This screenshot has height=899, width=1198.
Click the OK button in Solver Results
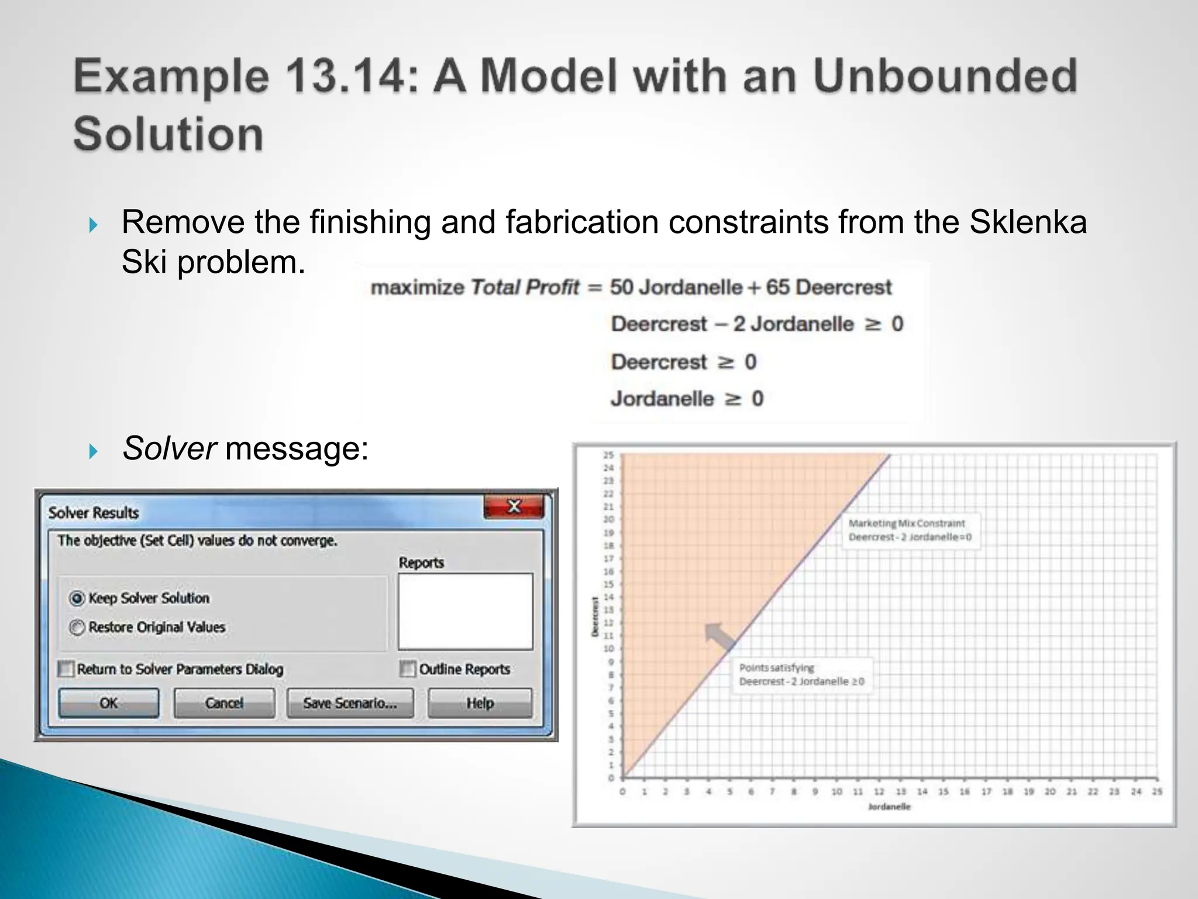(109, 703)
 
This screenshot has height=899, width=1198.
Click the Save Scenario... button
(350, 703)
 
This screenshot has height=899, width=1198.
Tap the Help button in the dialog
(480, 703)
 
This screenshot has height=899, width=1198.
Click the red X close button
(514, 506)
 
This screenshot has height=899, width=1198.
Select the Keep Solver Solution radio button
(77, 598)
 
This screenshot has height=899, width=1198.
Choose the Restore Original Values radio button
(77, 627)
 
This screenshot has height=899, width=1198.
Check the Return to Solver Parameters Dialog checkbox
(66, 669)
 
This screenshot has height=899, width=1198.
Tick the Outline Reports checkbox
(408, 669)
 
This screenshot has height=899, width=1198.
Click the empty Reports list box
(466, 612)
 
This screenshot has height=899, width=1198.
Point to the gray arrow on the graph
(720, 637)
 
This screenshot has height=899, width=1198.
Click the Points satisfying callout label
(801, 675)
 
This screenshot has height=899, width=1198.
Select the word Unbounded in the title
(945, 77)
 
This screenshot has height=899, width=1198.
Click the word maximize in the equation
(417, 287)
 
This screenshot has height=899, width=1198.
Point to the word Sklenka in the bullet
(1028, 222)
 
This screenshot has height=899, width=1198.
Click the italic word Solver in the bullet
(169, 449)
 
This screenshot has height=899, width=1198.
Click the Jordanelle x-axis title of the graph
(889, 807)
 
